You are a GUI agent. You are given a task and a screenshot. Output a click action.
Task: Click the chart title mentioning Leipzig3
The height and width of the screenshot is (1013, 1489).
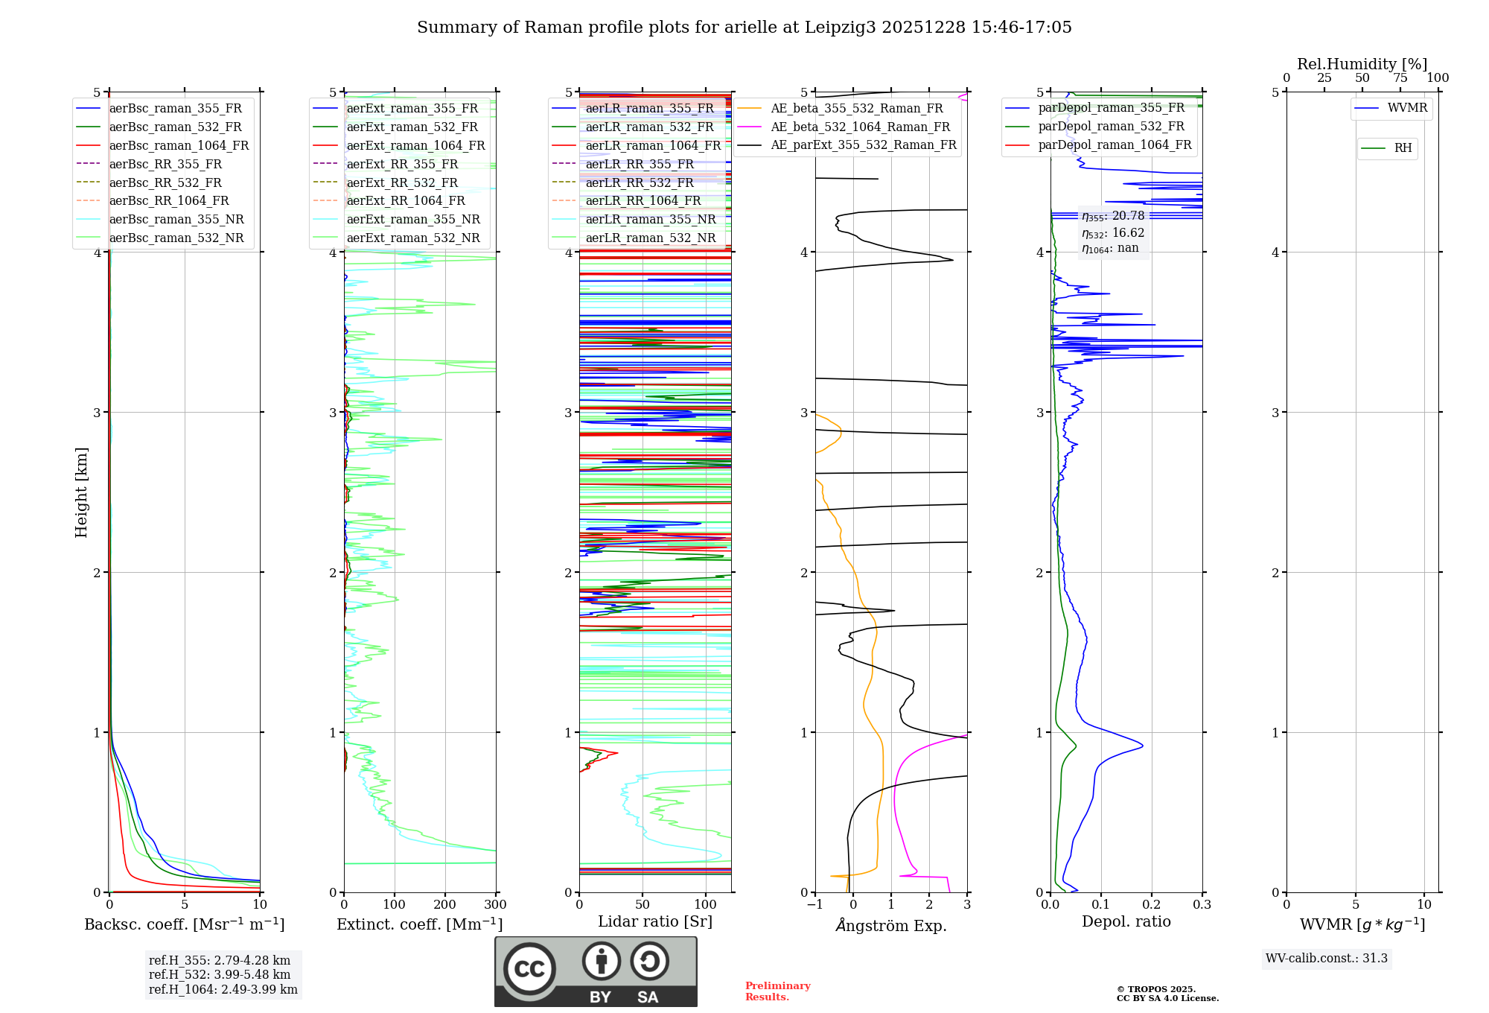coord(744,28)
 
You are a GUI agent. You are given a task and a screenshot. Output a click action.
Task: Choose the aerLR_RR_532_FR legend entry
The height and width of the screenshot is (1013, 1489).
coord(639,182)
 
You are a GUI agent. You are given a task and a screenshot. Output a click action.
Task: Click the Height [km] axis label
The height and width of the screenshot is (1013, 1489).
coord(81,492)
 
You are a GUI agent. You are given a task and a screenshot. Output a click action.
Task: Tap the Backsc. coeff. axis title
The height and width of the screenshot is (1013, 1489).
coord(184,924)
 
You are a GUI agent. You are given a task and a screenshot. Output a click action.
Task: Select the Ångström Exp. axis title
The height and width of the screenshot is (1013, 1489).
coord(891,925)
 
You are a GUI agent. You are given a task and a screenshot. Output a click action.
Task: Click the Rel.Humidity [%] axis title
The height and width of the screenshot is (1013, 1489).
coord(1362,64)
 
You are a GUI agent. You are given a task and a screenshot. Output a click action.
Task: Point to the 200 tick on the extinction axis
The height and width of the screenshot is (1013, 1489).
coord(444,905)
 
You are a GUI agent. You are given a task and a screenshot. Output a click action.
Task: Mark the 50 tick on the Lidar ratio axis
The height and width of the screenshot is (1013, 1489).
coord(643,905)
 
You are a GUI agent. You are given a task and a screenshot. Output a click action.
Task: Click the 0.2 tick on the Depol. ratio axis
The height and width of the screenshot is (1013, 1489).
coord(1151,905)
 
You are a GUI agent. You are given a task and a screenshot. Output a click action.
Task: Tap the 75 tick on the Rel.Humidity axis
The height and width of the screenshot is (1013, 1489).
coord(1400,78)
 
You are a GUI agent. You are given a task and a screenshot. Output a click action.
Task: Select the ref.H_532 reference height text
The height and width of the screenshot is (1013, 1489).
coord(219,974)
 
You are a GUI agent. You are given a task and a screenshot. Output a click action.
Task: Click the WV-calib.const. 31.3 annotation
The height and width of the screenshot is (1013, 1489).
coord(1326,958)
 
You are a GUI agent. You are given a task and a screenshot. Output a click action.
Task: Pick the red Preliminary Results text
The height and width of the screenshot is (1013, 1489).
coord(777,991)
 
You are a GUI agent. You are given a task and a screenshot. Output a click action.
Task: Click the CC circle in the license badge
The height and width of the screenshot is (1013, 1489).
coord(529,969)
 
